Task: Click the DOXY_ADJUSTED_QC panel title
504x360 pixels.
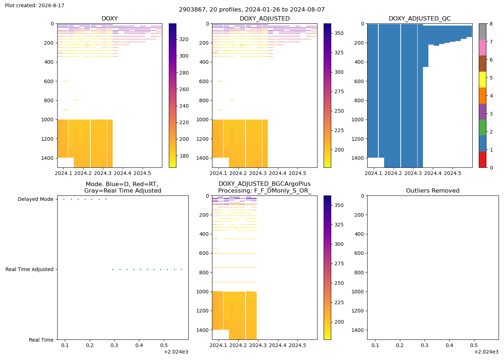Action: click(420, 18)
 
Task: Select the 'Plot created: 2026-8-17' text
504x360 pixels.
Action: click(35, 5)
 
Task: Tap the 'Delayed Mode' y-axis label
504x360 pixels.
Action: click(36, 199)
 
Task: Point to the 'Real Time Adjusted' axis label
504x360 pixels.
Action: click(30, 269)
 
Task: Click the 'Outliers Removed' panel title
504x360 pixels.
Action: click(433, 190)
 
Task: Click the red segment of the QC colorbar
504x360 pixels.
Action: click(482, 159)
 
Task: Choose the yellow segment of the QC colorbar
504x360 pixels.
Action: click(482, 80)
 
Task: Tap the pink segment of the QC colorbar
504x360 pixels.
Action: click(482, 48)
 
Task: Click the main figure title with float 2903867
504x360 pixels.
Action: click(252, 10)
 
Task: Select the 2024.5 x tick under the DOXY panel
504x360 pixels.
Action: click(143, 173)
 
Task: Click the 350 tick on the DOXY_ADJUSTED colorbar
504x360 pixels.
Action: click(339, 33)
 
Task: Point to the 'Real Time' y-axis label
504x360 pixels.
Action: click(41, 340)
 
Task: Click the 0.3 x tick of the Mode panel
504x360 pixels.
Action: click(114, 345)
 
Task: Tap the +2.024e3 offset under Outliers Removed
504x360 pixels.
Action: click(486, 352)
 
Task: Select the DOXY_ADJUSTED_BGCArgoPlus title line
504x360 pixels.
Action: click(265, 184)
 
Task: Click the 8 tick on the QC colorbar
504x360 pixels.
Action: click(491, 24)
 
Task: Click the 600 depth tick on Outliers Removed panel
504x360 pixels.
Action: click(359, 253)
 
